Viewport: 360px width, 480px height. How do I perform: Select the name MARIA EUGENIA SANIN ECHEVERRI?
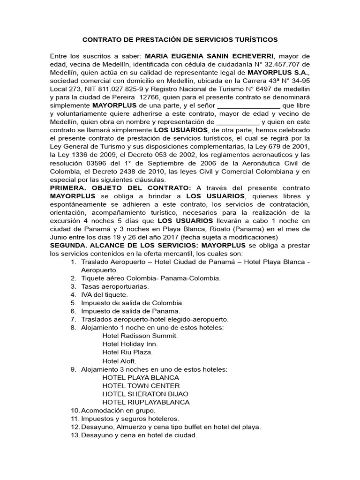(209, 56)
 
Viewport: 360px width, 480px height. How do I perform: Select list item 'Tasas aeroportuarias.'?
(115, 286)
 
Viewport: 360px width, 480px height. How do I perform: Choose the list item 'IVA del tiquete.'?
(104, 294)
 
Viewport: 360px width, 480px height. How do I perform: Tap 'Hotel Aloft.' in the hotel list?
(119, 360)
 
